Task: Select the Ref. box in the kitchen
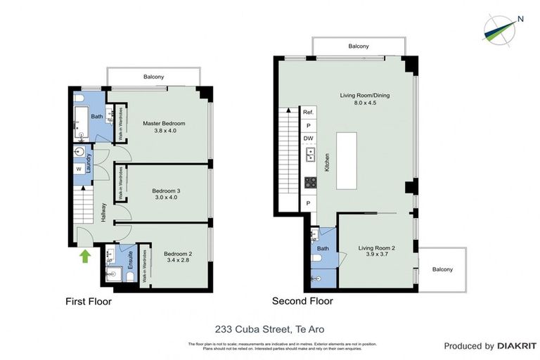point(308,112)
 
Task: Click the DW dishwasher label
point(308,139)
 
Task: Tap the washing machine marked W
point(78,169)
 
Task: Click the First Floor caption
point(89,302)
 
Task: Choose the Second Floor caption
point(302,301)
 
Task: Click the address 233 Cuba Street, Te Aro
point(269,328)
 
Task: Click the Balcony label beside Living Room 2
point(443,269)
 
